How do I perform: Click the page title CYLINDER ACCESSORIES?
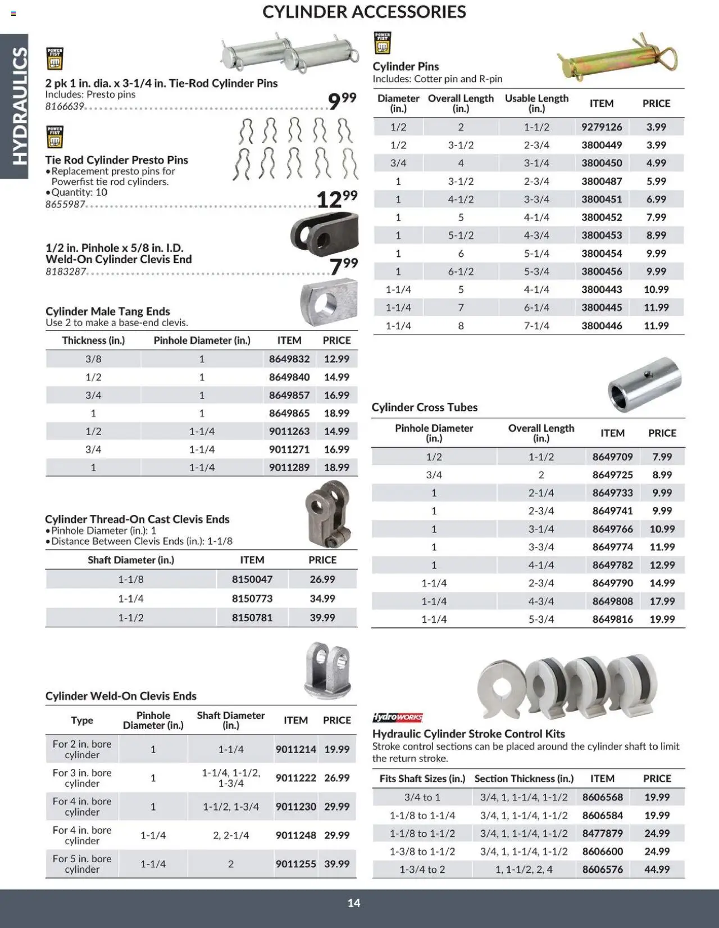[364, 12]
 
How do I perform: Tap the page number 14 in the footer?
[353, 903]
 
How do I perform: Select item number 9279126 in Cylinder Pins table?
[602, 127]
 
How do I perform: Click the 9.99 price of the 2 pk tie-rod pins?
[342, 101]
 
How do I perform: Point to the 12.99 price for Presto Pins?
[336, 199]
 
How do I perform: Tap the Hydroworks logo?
[397, 717]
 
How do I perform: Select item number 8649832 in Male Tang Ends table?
[289, 359]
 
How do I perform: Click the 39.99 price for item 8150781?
[322, 617]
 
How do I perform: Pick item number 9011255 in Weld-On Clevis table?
[295, 863]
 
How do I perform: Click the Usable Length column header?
[536, 103]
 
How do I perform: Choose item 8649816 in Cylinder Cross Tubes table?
[612, 619]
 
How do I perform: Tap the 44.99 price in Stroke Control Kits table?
[657, 869]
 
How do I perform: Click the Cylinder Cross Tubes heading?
[424, 407]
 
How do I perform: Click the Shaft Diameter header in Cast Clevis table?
[130, 560]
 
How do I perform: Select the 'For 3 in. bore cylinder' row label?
[82, 778]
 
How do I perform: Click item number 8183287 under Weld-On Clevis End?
[66, 271]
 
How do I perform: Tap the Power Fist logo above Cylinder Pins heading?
[383, 43]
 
